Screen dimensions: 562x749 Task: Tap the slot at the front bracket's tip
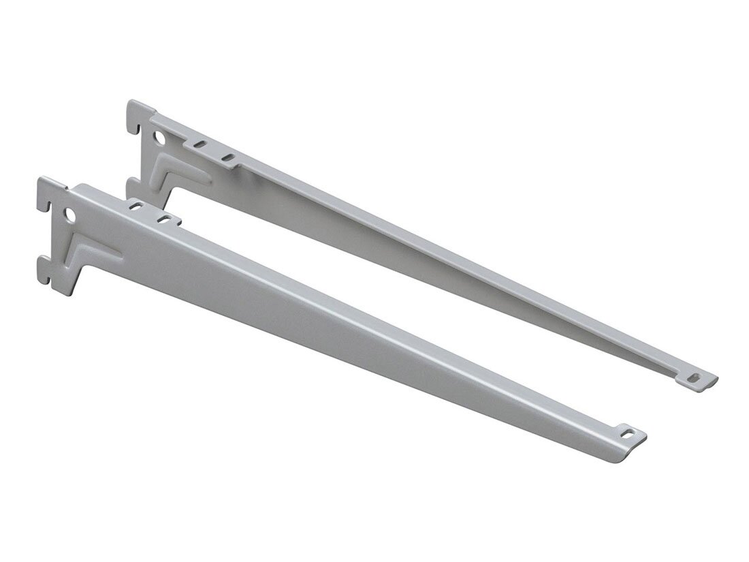tap(626, 432)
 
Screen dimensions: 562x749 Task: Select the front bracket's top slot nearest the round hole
tap(136, 205)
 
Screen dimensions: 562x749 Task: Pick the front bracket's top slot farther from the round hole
tap(163, 219)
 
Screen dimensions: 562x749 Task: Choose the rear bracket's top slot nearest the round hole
tap(200, 145)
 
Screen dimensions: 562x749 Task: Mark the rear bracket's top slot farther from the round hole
tap(228, 158)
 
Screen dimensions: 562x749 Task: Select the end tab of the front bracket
tap(630, 441)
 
